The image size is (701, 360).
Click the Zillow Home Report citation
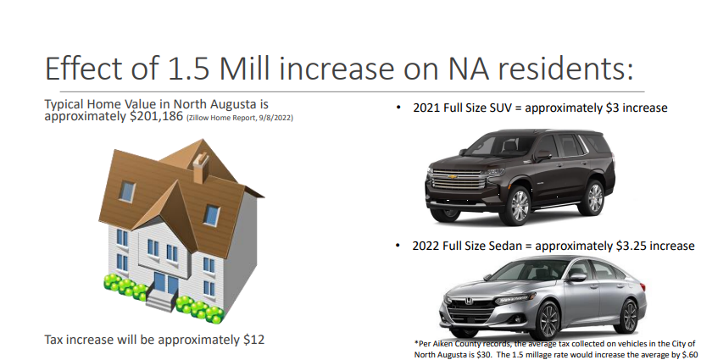(240, 119)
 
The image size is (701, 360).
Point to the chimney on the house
(201, 168)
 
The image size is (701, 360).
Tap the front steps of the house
(161, 301)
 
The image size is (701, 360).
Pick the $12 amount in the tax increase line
(254, 340)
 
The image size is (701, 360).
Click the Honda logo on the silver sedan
(469, 302)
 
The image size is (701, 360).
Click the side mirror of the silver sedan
(576, 277)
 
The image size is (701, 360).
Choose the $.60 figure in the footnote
(687, 355)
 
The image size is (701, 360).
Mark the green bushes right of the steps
(200, 309)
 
